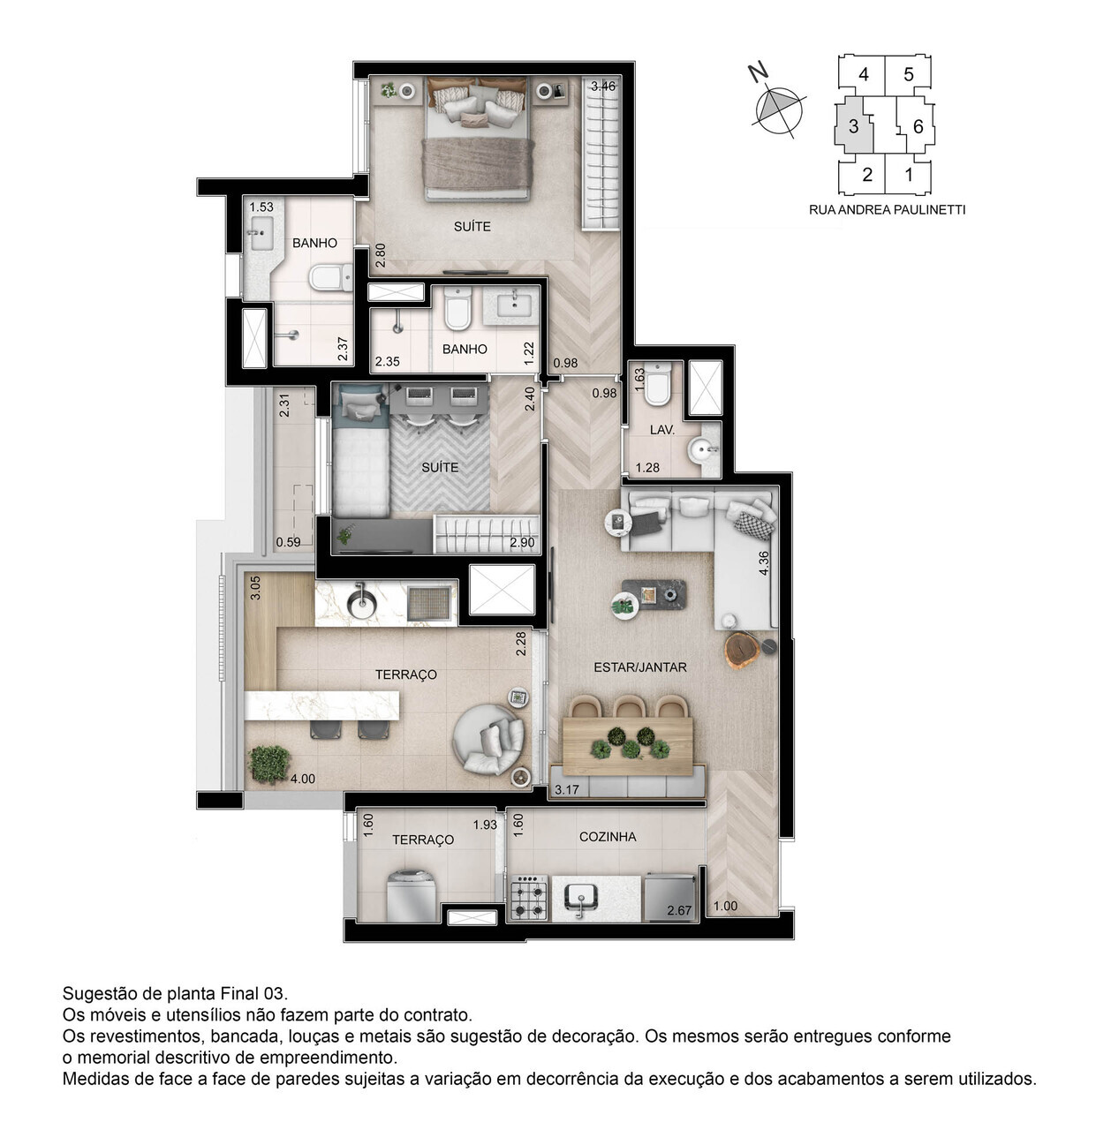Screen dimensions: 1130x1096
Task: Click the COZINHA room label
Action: tap(607, 836)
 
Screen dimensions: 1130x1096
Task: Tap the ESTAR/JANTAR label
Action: tap(639, 667)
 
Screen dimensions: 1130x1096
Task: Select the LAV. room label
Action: tap(661, 430)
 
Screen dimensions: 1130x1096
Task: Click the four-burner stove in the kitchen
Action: tap(529, 899)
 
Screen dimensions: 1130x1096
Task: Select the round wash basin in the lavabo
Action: tap(704, 451)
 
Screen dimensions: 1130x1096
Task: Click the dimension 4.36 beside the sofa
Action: tap(764, 563)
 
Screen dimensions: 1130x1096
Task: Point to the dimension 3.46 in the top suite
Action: tap(603, 86)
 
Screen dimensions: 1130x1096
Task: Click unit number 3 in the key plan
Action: tap(853, 126)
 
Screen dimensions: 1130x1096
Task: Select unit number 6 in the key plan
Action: tap(918, 126)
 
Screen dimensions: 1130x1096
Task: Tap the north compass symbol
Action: tap(778, 109)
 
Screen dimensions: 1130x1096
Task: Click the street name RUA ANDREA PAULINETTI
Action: tap(887, 210)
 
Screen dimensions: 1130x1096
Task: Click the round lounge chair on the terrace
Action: tap(488, 738)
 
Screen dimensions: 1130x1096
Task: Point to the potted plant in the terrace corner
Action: tap(269, 764)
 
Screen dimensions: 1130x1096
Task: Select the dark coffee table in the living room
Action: tap(654, 595)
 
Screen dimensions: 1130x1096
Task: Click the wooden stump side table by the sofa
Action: tap(741, 650)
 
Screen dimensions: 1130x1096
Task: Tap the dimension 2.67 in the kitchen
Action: tap(679, 910)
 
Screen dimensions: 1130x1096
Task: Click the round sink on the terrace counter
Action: tap(361, 603)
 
